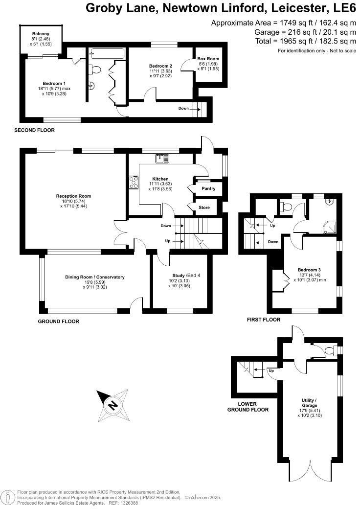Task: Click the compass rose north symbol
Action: point(113,405)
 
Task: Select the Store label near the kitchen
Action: point(204,208)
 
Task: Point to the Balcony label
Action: point(41,34)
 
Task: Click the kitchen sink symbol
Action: point(162,158)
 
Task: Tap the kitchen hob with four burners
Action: point(134,183)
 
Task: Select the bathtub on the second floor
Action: point(107,53)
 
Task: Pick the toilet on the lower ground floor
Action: point(330,350)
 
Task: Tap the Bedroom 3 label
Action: point(309,270)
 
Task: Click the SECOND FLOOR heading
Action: point(34,130)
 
